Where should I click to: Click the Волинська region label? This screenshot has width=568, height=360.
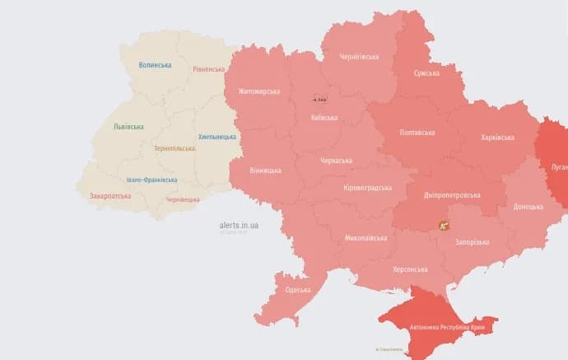(x=155, y=65)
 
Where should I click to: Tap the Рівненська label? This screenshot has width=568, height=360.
(x=208, y=70)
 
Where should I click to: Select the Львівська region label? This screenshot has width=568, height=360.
(x=128, y=127)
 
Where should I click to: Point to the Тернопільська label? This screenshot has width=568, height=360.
(x=175, y=148)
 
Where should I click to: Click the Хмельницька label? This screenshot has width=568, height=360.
(x=217, y=137)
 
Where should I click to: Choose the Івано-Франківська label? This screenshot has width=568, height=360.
(x=151, y=180)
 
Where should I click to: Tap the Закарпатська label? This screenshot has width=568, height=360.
(x=110, y=196)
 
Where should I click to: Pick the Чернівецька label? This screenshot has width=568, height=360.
(x=183, y=199)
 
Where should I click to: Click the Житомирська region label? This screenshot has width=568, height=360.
(x=258, y=91)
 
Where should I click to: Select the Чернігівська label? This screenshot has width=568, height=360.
(x=359, y=57)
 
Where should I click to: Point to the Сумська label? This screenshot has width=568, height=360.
(x=426, y=73)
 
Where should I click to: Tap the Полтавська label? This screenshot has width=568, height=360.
(x=418, y=132)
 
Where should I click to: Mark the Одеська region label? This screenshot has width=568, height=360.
(x=297, y=289)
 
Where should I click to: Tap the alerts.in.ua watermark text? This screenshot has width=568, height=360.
(x=240, y=224)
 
